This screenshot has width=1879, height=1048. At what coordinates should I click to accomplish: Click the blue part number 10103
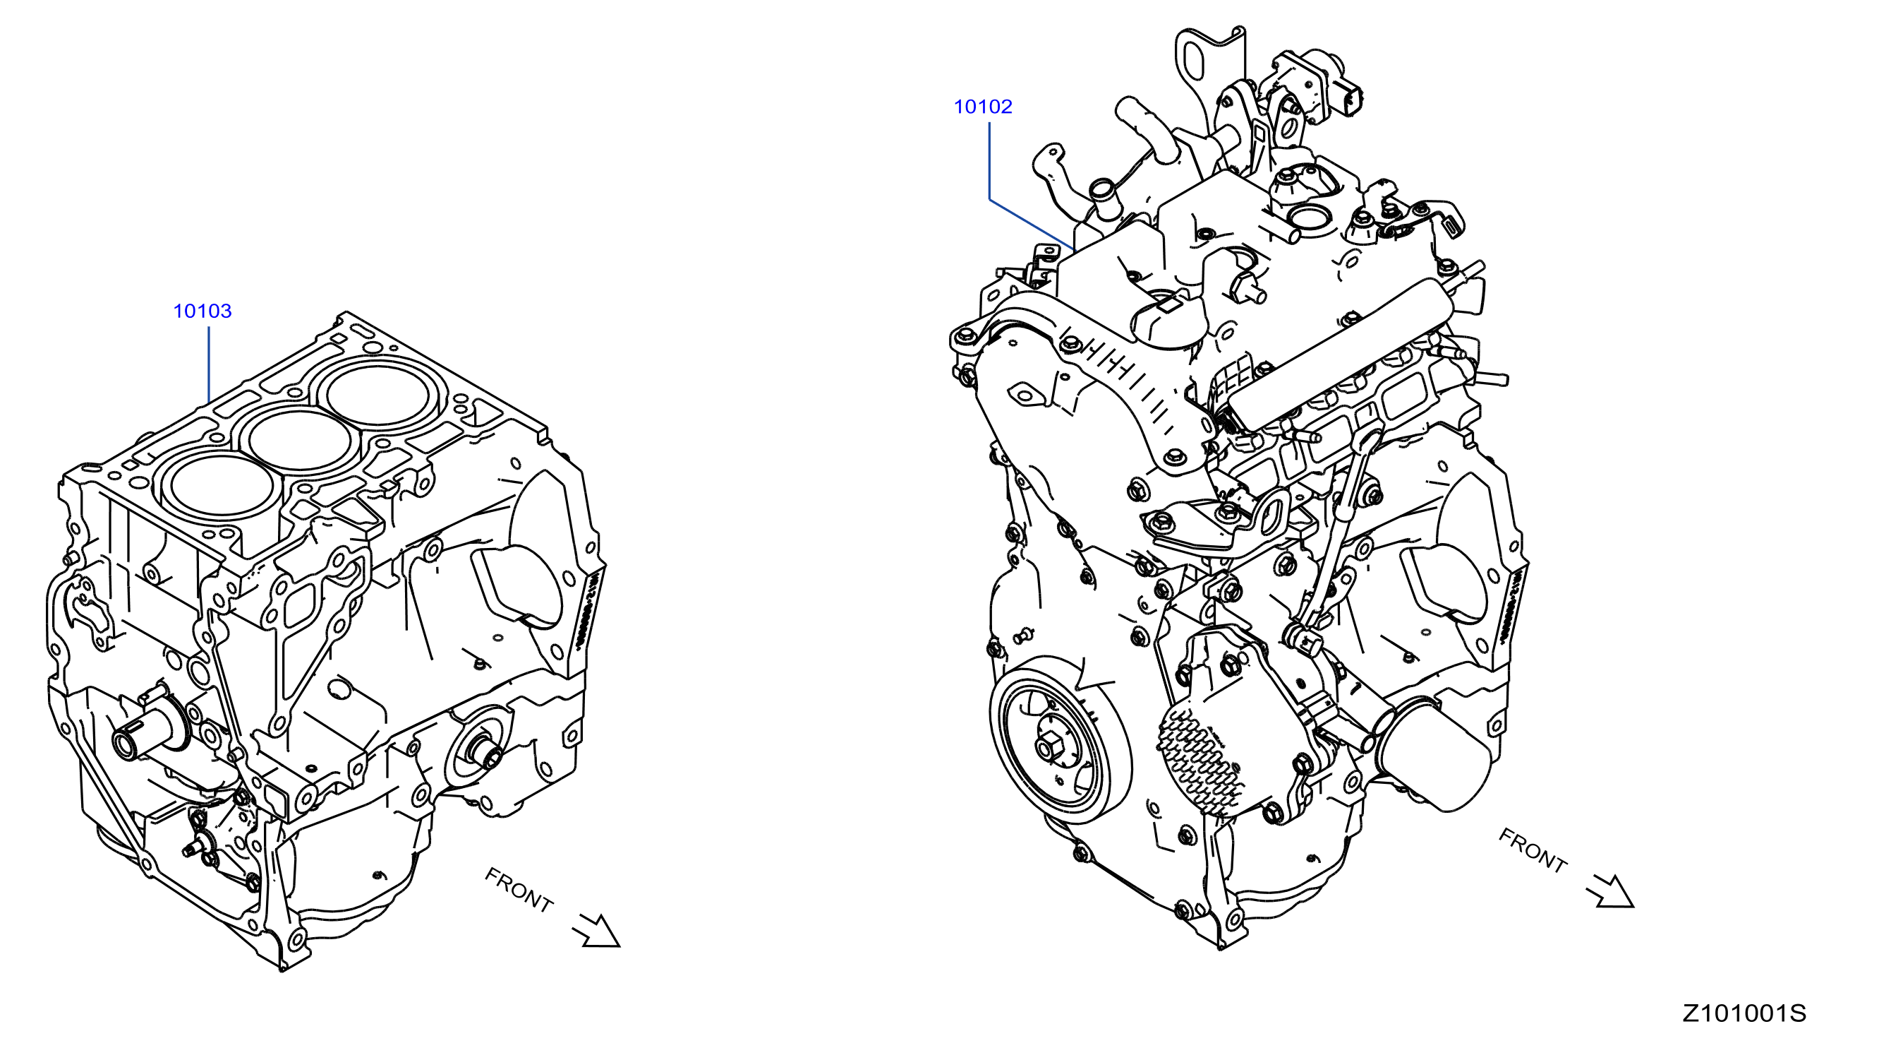point(202,311)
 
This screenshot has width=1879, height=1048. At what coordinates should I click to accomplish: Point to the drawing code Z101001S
point(1744,1013)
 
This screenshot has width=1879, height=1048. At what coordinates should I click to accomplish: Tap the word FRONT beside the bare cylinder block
point(519,890)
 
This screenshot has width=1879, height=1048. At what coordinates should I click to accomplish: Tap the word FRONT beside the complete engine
point(1533,850)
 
